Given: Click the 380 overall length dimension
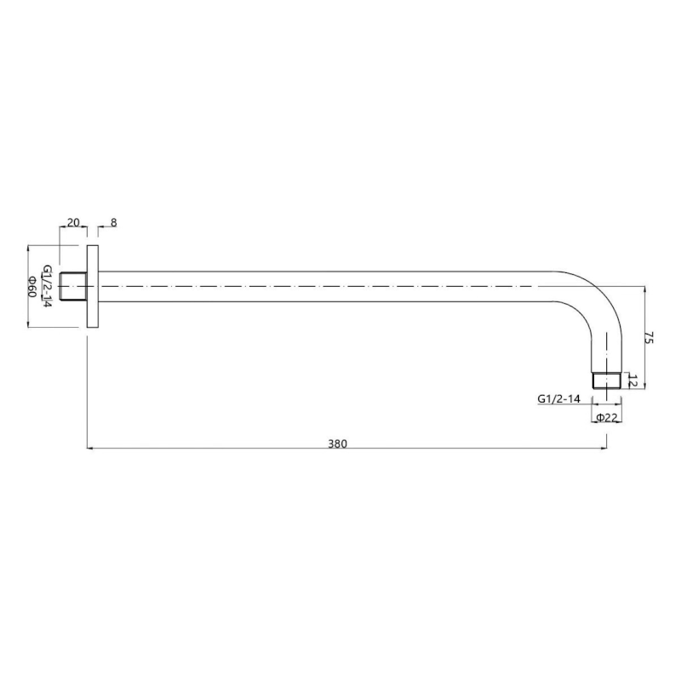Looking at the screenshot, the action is pyautogui.click(x=337, y=444).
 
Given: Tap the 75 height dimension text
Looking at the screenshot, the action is pyautogui.click(x=649, y=337).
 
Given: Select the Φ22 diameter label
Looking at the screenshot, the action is pyautogui.click(x=607, y=417).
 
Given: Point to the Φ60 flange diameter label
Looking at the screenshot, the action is pyautogui.click(x=31, y=286).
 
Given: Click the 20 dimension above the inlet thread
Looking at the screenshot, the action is pyautogui.click(x=73, y=222).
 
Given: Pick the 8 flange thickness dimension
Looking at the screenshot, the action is pyautogui.click(x=114, y=222).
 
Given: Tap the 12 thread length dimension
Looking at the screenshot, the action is pyautogui.click(x=632, y=381).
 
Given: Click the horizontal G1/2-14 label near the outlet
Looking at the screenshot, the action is pyautogui.click(x=559, y=398).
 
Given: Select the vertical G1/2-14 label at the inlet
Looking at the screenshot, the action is pyautogui.click(x=47, y=287).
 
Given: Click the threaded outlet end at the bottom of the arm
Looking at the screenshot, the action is pyautogui.click(x=607, y=381).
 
